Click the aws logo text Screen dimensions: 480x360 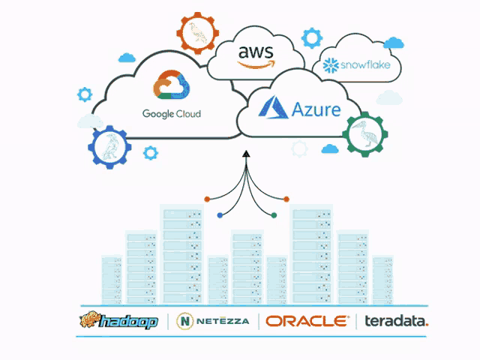click(x=256, y=52)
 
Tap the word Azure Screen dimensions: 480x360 click(x=316, y=109)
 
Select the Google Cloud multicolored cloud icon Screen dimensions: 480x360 click(x=171, y=85)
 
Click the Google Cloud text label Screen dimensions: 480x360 click(x=172, y=114)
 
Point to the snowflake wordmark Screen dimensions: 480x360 click(x=365, y=65)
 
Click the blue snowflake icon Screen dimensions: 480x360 click(x=331, y=65)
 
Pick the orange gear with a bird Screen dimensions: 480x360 click(x=198, y=33)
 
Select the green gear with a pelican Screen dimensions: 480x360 click(x=365, y=134)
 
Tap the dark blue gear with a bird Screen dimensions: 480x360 click(x=109, y=147)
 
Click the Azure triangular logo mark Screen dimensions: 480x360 click(x=273, y=107)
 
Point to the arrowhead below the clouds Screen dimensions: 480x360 click(x=246, y=154)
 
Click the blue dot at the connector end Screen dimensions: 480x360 click(x=220, y=215)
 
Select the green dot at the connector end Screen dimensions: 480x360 click(x=274, y=215)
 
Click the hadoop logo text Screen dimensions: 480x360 click(x=129, y=322)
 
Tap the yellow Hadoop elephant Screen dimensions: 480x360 click(x=89, y=319)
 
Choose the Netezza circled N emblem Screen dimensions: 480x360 click(x=185, y=321)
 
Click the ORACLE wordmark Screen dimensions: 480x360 click(x=307, y=321)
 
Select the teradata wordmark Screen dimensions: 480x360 click(x=397, y=321)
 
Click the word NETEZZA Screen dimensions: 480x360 click(x=223, y=321)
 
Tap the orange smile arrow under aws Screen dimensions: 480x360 click(x=256, y=64)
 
